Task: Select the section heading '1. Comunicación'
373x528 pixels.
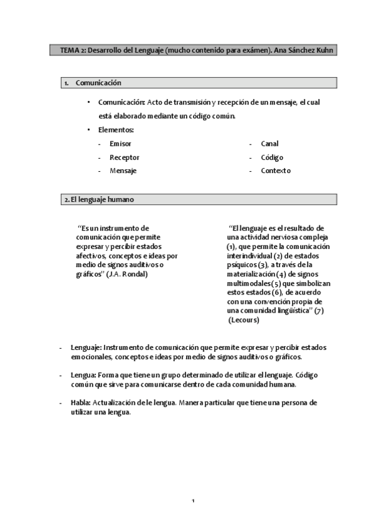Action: click(x=98, y=83)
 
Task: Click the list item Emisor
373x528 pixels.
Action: click(x=120, y=144)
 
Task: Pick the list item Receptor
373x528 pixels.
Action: click(x=124, y=158)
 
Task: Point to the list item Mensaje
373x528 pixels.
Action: click(x=123, y=171)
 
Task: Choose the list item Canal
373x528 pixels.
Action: click(x=270, y=144)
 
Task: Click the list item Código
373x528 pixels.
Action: click(x=272, y=158)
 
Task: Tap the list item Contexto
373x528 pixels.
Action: click(x=275, y=171)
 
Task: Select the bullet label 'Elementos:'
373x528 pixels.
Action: click(x=116, y=130)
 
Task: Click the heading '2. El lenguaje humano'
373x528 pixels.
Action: click(x=98, y=200)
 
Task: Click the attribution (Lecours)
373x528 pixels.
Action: click(x=243, y=320)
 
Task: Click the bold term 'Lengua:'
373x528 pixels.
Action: click(x=83, y=375)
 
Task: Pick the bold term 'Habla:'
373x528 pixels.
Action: click(x=81, y=403)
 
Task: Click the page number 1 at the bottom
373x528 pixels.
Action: click(x=194, y=501)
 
